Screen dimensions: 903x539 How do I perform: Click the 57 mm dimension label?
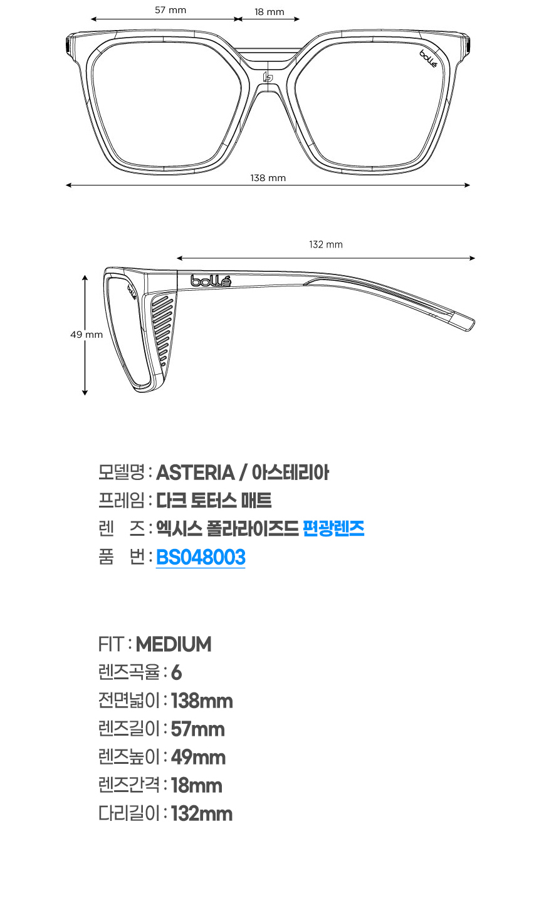coord(170,10)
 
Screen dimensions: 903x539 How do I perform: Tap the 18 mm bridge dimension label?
coord(269,12)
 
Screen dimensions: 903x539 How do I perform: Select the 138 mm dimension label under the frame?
coord(268,178)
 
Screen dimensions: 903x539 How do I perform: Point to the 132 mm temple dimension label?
coord(326,244)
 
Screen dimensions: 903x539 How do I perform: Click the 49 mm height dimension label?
coord(86,335)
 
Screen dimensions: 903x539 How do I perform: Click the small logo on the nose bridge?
coord(268,78)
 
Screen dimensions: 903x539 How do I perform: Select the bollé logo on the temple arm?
coord(211,281)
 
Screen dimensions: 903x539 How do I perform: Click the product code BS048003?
coord(201,557)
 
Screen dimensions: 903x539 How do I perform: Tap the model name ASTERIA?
coord(195,472)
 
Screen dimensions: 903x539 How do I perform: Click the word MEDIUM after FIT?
coord(174,644)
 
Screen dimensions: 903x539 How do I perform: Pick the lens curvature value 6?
coord(176,672)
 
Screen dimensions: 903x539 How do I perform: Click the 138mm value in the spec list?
coord(202,701)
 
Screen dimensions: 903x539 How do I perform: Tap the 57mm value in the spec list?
coord(197,729)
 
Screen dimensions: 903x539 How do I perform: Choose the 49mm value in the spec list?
coord(198,757)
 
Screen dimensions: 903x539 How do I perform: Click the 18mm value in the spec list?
coord(196,785)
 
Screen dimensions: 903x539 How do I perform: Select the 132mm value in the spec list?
coord(202,813)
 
